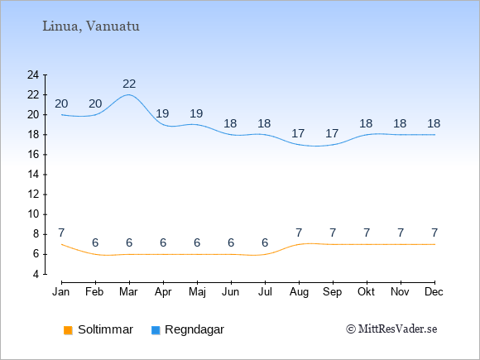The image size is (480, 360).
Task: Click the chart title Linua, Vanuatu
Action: pos(91,26)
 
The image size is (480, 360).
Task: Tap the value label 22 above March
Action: pos(129,84)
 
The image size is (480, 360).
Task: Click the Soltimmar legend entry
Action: pos(98,329)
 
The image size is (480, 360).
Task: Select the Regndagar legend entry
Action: pos(188,329)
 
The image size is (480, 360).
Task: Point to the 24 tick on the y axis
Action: pos(33,74)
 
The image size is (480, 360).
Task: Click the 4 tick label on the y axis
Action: pos(36,274)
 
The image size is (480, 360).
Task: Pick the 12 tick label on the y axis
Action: pos(33,194)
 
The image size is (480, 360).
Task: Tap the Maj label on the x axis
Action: pos(197,292)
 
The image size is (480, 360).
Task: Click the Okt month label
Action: pos(366,292)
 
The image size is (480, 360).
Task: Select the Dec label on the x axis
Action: pos(434,292)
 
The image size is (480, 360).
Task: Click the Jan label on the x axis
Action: pos(61,292)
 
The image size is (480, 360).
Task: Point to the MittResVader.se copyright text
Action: pos(391,329)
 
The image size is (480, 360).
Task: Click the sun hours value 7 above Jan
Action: pos(61,233)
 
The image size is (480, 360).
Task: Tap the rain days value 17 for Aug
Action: pos(298,133)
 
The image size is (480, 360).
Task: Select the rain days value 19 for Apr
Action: pos(162,113)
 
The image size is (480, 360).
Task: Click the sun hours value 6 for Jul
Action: pos(265,242)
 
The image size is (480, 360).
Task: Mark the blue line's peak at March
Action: pos(128,94)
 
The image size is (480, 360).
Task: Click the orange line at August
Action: pos(299,244)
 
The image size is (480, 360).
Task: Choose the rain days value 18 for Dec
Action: pos(434,123)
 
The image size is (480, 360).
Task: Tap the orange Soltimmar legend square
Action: pos(68,330)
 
